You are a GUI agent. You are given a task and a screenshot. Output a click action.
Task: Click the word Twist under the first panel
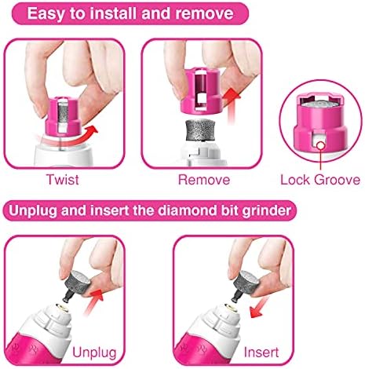click(63, 180)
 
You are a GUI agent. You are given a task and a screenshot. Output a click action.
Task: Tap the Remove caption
click(204, 180)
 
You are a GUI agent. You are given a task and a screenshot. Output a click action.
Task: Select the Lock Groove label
click(320, 180)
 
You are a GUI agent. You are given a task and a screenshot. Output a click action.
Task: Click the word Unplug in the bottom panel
click(94, 353)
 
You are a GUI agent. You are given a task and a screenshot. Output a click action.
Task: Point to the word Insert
click(261, 353)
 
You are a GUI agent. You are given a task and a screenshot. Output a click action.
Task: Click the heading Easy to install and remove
click(130, 13)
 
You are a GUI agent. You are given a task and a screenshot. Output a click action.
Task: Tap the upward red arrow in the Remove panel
click(232, 106)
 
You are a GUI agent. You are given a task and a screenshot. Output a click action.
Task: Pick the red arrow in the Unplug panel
click(93, 302)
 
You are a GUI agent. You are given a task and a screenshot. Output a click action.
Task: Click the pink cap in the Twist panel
click(63, 117)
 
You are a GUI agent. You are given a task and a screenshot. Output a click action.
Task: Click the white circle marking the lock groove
click(320, 145)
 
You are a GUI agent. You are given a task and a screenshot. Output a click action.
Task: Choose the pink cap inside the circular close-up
click(320, 122)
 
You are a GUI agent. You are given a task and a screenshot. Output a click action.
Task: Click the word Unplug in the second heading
click(33, 210)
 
